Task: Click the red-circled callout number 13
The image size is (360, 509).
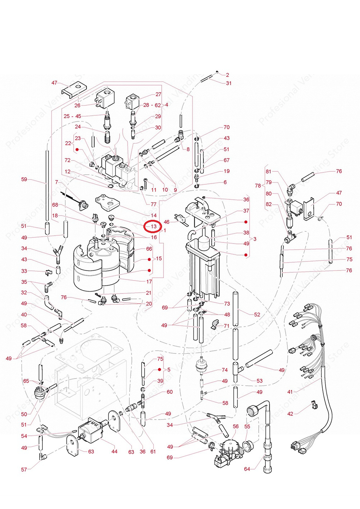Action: tap(153, 227)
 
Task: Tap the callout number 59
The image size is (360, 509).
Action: tap(24, 179)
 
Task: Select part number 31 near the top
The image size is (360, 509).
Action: tap(229, 83)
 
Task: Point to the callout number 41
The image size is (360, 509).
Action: tap(290, 392)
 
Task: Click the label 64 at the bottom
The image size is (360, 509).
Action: tap(247, 469)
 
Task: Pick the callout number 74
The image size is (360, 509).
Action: tap(225, 370)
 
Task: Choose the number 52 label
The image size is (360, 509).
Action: tap(257, 314)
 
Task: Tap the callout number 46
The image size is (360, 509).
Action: tap(166, 222)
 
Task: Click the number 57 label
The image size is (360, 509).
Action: tap(24, 469)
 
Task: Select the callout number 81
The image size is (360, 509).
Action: tap(269, 171)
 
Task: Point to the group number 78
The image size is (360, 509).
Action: tap(258, 186)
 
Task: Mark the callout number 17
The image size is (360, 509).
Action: tap(149, 282)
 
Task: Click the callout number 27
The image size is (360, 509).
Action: tap(158, 94)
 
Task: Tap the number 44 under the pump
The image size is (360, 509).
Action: tap(114, 451)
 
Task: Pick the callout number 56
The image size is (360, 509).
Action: tap(236, 426)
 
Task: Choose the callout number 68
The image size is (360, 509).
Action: tap(55, 205)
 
